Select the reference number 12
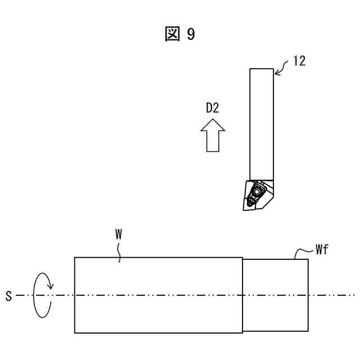tap(299, 61)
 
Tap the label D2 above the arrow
tap(212, 109)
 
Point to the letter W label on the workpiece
tap(119, 235)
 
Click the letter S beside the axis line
tap(8, 295)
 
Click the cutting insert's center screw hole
tap(256, 192)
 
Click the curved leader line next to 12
tap(283, 67)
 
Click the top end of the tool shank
tap(262, 69)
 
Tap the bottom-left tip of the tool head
tap(244, 209)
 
